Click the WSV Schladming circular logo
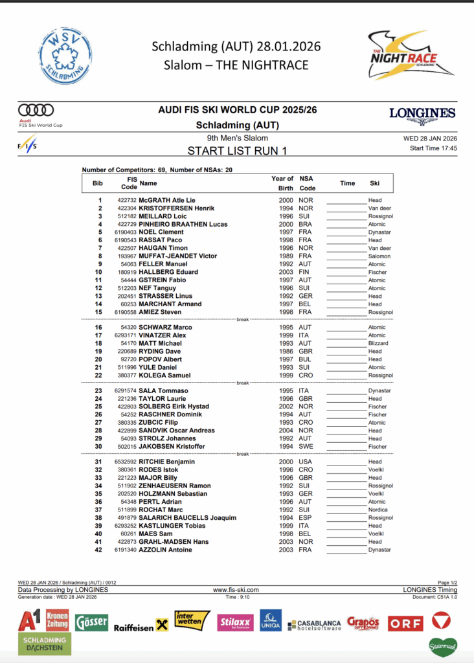pos(65,56)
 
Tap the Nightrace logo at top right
pos(406,56)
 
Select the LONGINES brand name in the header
pos(422,113)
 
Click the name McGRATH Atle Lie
pos(166,201)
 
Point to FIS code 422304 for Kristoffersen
pos(127,208)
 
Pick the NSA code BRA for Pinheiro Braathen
pos(306,225)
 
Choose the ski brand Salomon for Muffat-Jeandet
pos(380,256)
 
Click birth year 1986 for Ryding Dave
pos(287,352)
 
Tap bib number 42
pos(99,550)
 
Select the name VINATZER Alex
pos(162,335)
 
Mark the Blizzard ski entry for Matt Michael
pos(378,344)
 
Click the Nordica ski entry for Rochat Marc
pos(378,510)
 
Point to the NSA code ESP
pos(306,518)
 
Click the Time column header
pos(348,183)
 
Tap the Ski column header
pos(375,183)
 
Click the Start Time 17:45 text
pos(433,148)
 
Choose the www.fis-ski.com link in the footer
pos(236,590)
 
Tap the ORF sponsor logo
pos(405,624)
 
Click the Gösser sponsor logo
pos(91,623)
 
